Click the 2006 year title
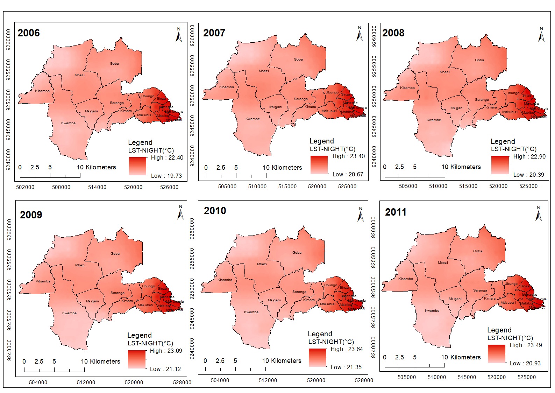[x=29, y=33]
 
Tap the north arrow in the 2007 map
[x=360, y=34]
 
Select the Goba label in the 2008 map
[x=479, y=60]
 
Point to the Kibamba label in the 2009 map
[x=43, y=281]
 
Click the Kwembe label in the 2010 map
[x=251, y=312]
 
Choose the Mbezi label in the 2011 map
[x=443, y=262]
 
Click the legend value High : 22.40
[x=167, y=157]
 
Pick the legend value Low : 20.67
[x=348, y=174]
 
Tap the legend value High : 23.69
[x=166, y=351]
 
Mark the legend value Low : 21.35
[x=346, y=367]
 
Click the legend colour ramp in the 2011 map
[x=497, y=353]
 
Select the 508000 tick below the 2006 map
[x=61, y=187]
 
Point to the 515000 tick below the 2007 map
[x=287, y=187]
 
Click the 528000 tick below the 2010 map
[x=364, y=380]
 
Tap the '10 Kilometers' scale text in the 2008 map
[x=461, y=167]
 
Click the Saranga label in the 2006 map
[x=117, y=103]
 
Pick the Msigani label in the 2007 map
[x=276, y=107]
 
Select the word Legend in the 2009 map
[x=139, y=335]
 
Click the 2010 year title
[x=215, y=211]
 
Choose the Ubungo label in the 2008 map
[x=513, y=93]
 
